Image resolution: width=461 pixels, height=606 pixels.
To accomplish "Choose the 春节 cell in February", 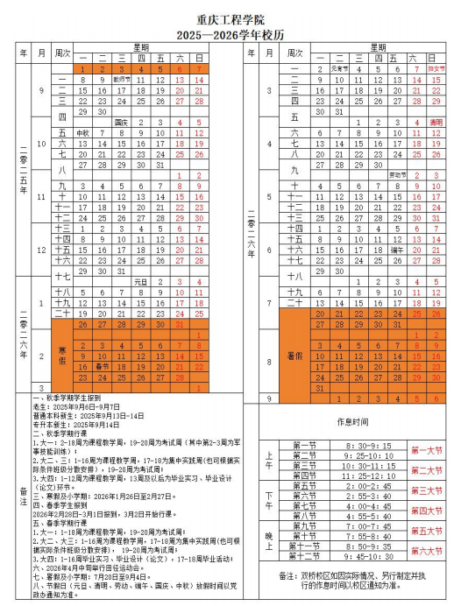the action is point(102,366).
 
